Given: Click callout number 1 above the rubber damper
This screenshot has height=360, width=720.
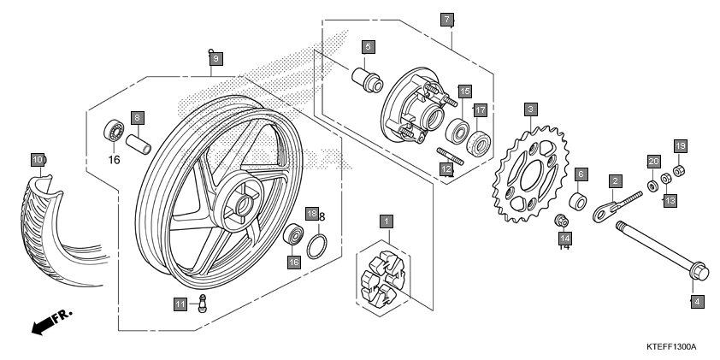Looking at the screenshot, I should [x=387, y=221].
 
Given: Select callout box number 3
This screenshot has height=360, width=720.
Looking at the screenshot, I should [x=531, y=109].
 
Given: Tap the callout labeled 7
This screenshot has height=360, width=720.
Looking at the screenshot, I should [x=446, y=19].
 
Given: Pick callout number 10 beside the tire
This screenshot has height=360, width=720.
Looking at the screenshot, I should [x=38, y=160].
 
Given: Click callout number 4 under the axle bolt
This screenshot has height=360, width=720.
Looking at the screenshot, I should [x=696, y=301].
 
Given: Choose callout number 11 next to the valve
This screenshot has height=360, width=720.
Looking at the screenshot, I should [x=180, y=304].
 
